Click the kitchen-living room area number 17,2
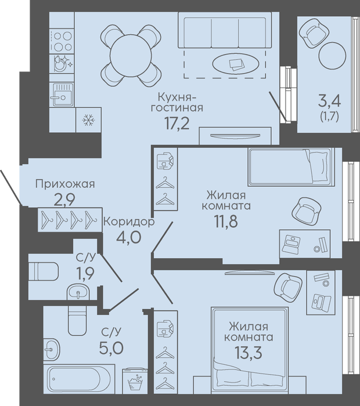click(177, 123)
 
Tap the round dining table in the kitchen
click(131, 56)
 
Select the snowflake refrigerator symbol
click(89, 120)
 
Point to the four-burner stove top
click(62, 41)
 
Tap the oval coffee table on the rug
click(236, 64)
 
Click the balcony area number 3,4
click(329, 101)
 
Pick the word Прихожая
click(65, 184)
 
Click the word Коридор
click(129, 222)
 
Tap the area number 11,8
click(225, 222)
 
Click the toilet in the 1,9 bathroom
click(44, 271)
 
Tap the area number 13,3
click(249, 353)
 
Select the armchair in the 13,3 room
click(288, 287)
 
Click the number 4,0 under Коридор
click(129, 237)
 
